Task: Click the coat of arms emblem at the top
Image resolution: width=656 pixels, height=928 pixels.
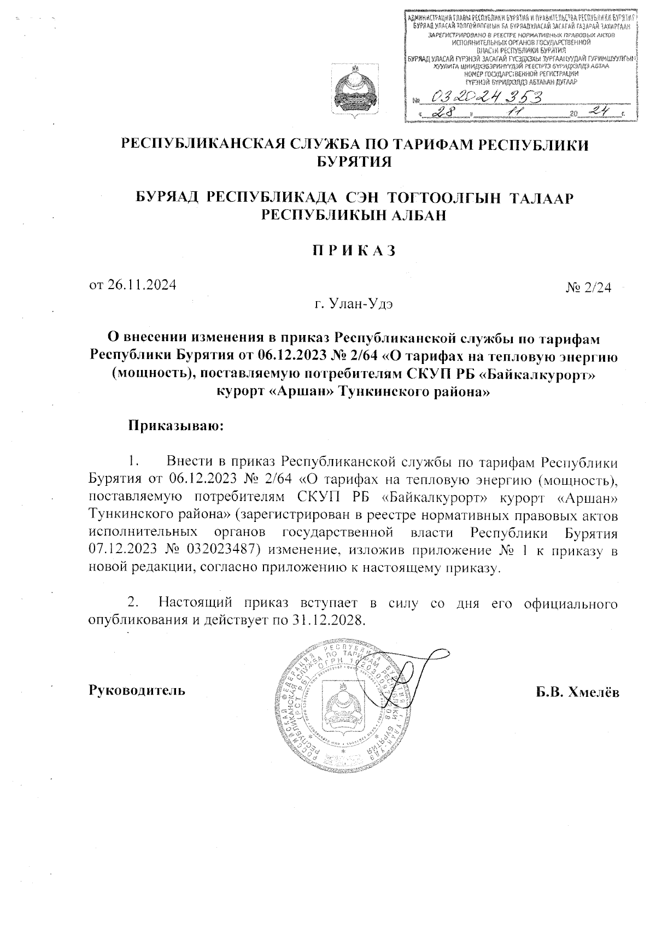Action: [354, 93]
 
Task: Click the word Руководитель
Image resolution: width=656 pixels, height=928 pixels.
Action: [137, 690]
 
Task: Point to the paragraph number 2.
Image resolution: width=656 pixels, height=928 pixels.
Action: [132, 603]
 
